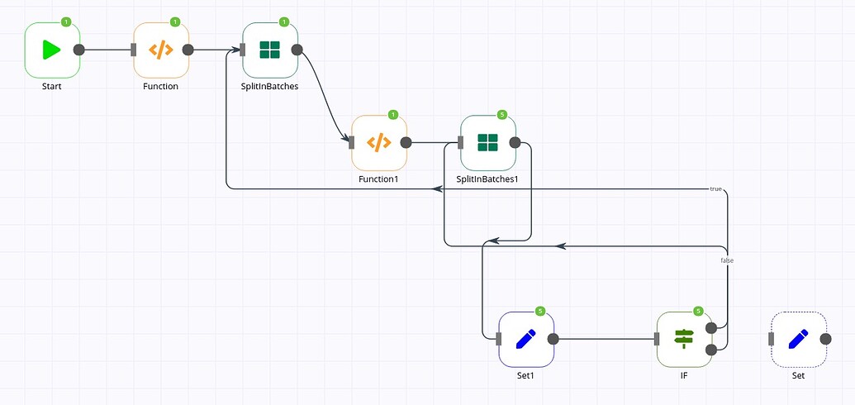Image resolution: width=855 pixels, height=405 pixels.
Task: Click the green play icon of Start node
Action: click(51, 50)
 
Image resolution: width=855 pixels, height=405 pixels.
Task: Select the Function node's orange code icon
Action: click(161, 50)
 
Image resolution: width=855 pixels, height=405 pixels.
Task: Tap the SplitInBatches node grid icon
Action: click(270, 50)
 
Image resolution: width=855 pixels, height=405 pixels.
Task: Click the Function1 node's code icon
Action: click(379, 142)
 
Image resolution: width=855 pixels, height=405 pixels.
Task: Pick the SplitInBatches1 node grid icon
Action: click(488, 142)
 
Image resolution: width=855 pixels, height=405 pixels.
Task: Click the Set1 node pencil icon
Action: click(526, 338)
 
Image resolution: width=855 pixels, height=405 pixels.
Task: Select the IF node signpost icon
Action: click(684, 338)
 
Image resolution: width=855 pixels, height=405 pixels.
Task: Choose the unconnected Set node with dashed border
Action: click(798, 338)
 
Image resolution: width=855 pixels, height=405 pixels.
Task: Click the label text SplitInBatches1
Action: click(487, 179)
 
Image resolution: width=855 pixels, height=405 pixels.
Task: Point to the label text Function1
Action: click(378, 179)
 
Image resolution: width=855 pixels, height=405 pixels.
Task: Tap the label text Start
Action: click(51, 86)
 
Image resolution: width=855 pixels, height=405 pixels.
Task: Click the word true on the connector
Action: click(715, 189)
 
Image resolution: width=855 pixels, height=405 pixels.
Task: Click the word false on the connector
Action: click(727, 260)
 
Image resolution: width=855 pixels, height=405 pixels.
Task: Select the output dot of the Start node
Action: click(79, 50)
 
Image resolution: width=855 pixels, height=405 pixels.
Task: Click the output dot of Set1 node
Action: click(553, 338)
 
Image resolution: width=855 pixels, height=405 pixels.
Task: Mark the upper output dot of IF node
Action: click(711, 328)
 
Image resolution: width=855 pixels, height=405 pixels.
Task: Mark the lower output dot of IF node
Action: click(711, 349)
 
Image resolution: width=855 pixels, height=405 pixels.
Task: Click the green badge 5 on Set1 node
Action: click(540, 311)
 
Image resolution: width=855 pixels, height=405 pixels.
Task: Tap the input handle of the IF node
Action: click(657, 338)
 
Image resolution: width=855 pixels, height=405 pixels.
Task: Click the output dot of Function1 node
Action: click(406, 142)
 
